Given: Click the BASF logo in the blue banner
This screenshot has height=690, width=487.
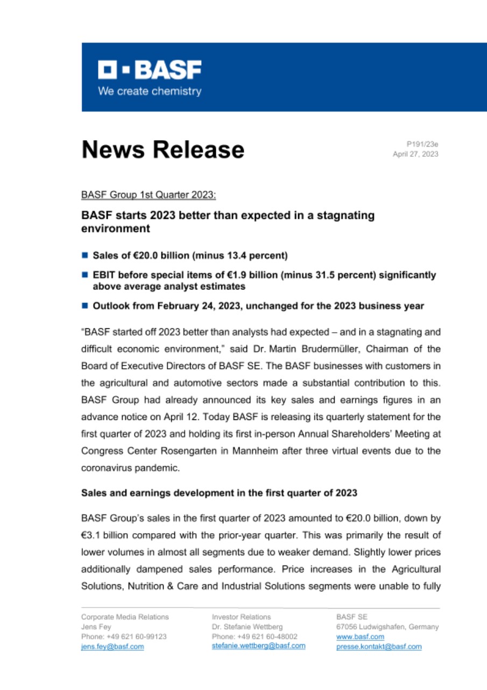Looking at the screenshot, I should point(150,70).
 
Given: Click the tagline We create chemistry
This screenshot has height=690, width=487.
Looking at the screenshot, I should point(149,91).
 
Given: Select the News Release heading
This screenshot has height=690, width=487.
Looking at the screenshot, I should point(163,149).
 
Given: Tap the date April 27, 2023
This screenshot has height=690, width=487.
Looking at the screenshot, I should point(416,154).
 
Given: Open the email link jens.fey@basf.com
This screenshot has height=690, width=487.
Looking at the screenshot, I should point(112,646).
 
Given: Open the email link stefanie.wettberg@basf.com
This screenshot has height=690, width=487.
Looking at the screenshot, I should point(258,646).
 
